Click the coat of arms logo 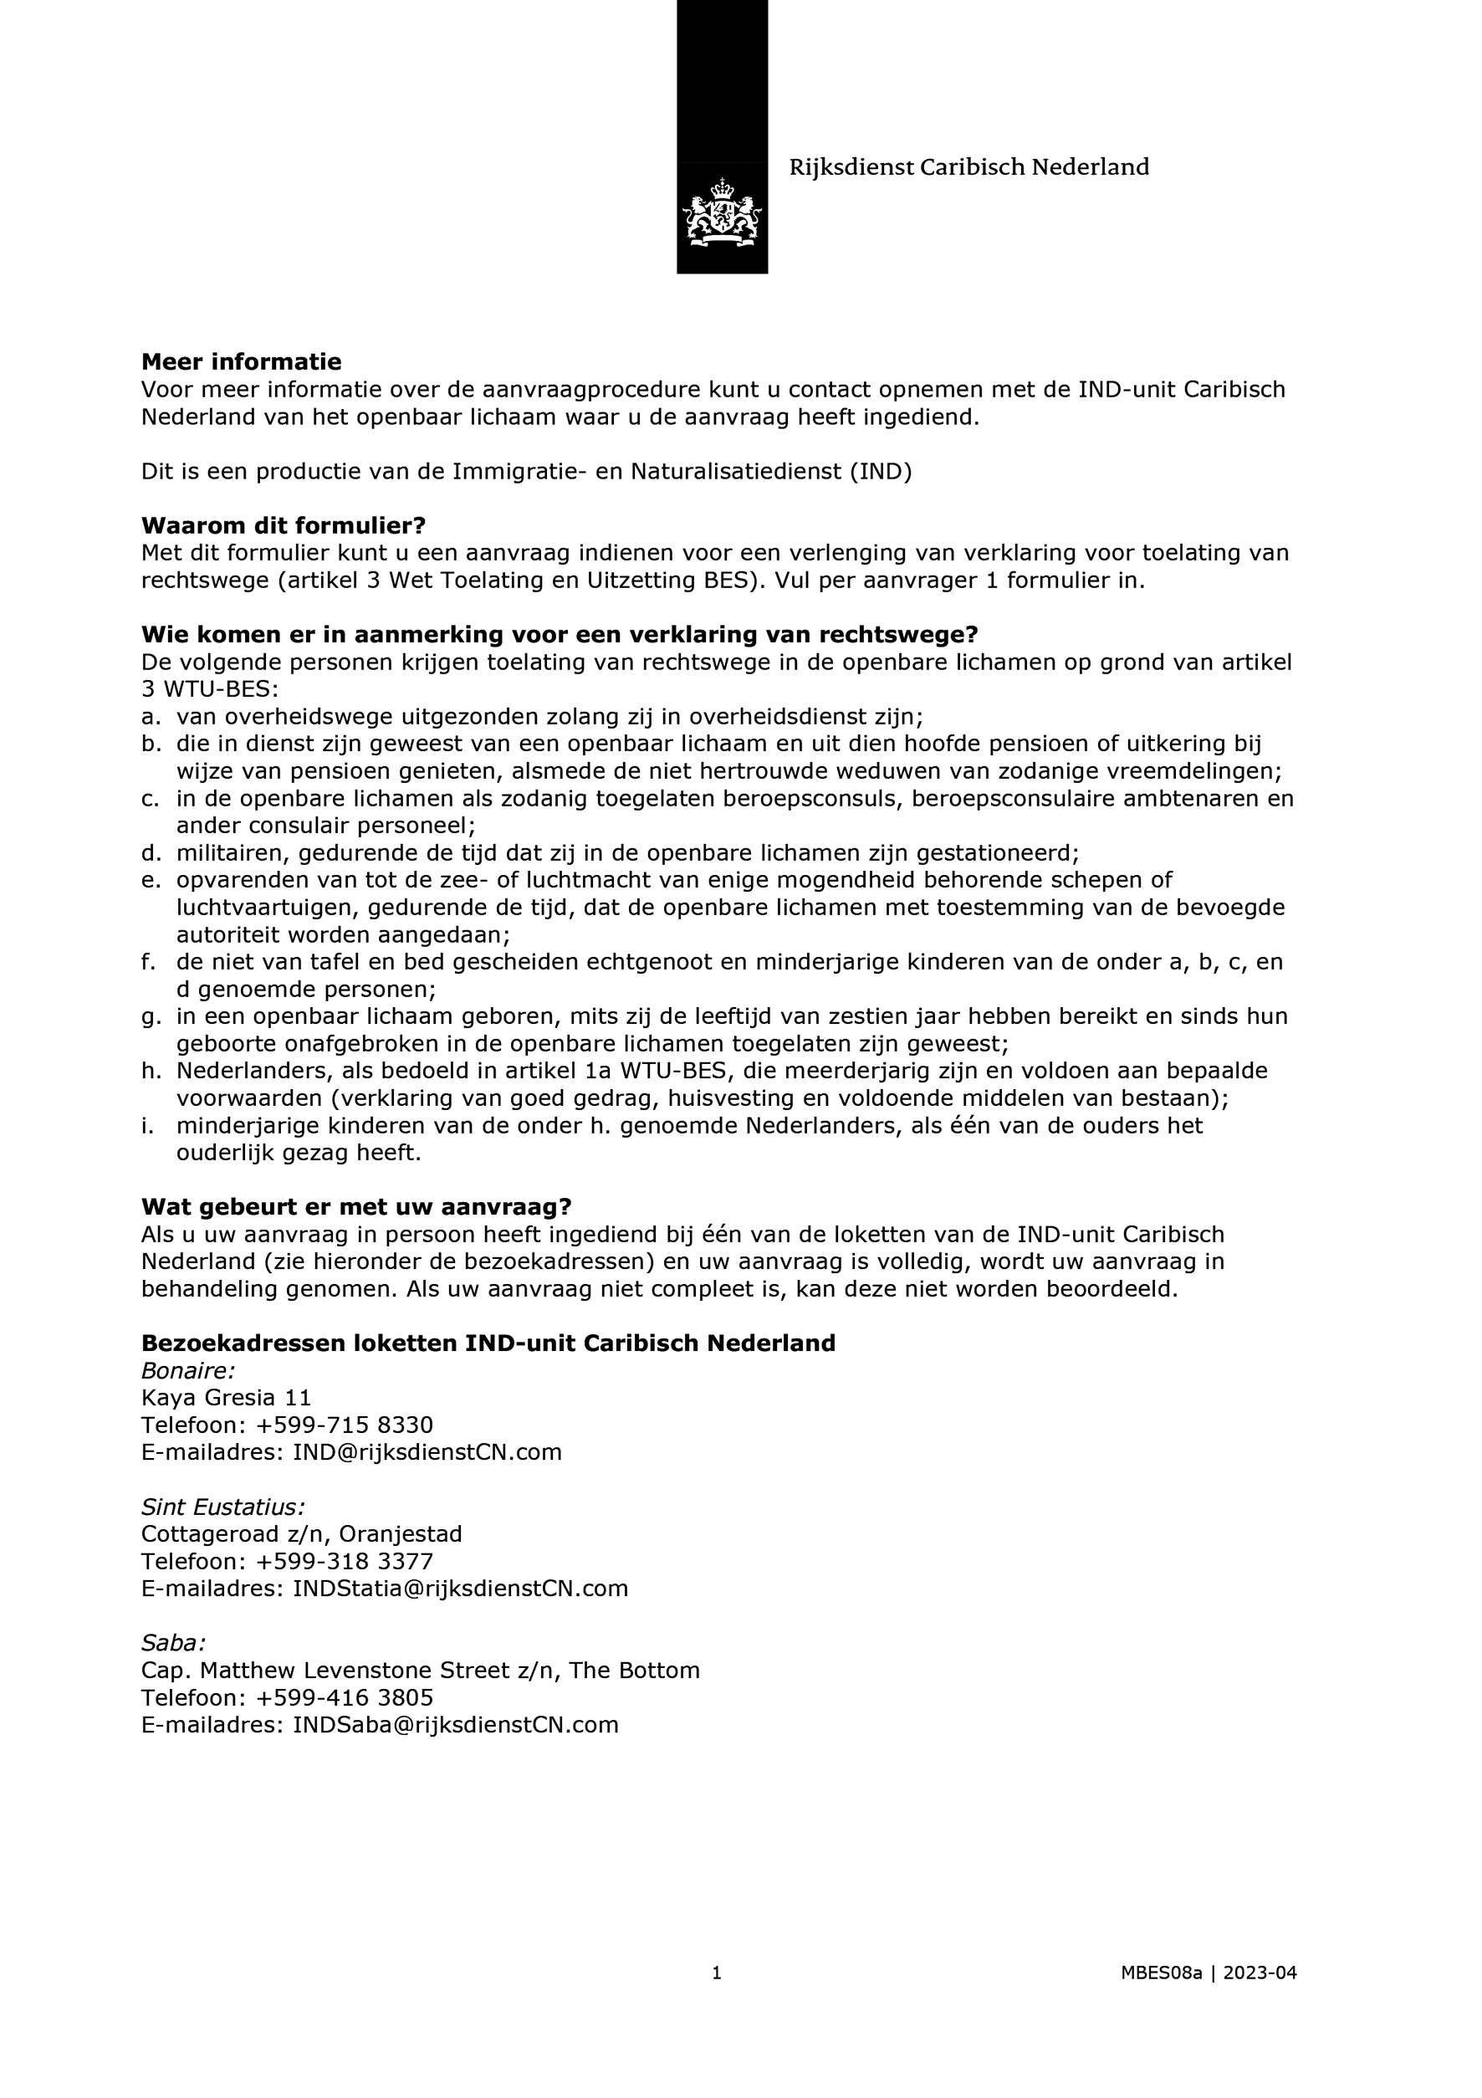point(722,213)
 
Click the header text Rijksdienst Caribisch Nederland point(968,167)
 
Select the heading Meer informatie point(241,362)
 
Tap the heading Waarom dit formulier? point(284,525)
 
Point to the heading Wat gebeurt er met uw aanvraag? point(356,1206)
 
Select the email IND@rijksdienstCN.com point(427,1452)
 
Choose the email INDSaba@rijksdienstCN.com point(455,1724)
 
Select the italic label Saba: point(174,1643)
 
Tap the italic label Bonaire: point(188,1371)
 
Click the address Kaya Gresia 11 point(227,1397)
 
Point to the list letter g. point(149,1017)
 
